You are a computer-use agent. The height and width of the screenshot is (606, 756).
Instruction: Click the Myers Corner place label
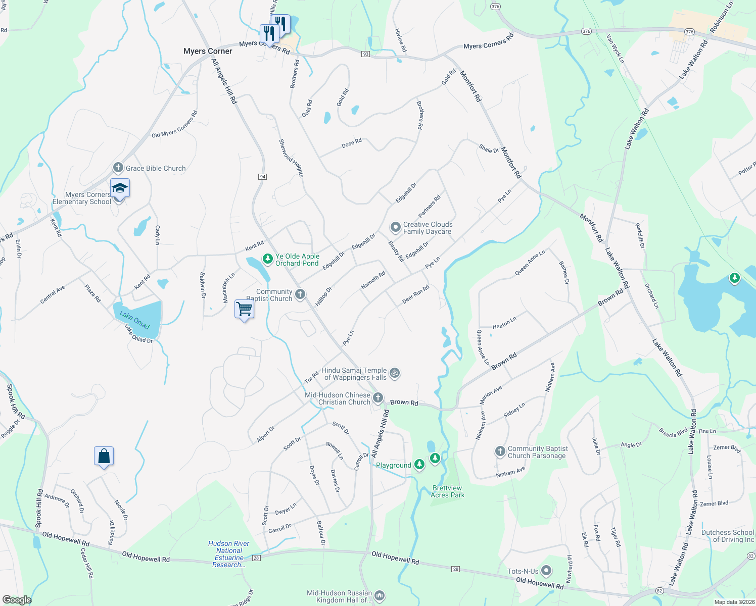click(208, 51)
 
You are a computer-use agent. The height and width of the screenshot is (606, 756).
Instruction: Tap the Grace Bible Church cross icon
click(118, 168)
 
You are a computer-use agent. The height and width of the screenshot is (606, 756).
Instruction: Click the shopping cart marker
click(244, 308)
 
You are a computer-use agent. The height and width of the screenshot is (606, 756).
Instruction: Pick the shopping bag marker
click(104, 456)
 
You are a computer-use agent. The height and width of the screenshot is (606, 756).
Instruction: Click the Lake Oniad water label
click(135, 320)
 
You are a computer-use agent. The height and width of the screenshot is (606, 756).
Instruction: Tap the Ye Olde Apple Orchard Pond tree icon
click(268, 259)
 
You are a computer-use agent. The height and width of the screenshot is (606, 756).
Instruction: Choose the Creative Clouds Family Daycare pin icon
click(396, 228)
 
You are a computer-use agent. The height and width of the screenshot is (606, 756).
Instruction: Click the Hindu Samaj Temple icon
click(395, 373)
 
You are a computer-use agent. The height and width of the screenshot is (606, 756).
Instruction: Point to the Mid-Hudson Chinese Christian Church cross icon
click(377, 398)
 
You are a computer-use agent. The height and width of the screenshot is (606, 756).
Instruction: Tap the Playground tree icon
click(419, 465)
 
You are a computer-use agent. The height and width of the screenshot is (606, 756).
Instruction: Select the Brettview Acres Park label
click(447, 491)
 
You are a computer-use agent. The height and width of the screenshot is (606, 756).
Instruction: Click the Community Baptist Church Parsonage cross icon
click(500, 451)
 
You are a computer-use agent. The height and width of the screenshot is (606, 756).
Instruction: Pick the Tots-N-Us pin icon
click(546, 571)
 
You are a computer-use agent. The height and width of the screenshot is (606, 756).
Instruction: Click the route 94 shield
click(262, 177)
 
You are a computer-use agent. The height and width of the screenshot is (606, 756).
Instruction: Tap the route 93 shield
click(366, 54)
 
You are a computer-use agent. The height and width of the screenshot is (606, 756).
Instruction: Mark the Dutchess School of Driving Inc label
click(727, 536)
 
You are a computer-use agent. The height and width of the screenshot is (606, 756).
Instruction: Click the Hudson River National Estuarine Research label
click(229, 554)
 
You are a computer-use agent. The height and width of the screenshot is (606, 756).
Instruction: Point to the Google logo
click(17, 599)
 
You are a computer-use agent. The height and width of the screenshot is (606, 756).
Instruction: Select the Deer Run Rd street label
click(415, 294)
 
